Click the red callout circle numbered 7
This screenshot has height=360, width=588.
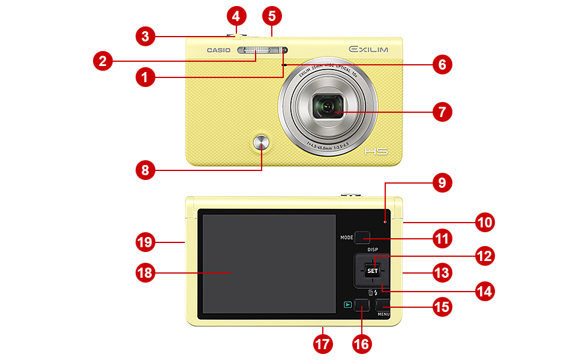442,112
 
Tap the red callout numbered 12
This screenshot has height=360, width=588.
484,256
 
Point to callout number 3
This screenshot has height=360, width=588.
144,36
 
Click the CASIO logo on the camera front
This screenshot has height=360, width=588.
218,50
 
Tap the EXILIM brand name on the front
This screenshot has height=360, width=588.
368,49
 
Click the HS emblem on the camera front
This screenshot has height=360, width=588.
376,151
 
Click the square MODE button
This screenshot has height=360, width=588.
361,238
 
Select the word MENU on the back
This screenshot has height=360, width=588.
384,314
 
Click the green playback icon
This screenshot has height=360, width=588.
347,305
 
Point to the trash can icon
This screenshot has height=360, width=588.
370,292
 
